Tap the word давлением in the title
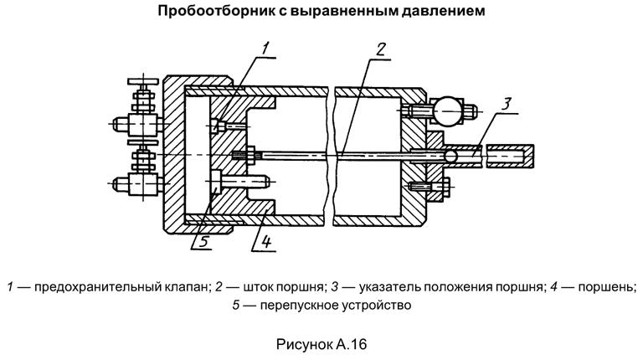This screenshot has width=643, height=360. tap(440, 13)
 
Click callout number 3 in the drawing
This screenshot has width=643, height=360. tap(507, 103)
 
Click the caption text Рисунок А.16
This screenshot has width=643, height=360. tap(321, 344)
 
